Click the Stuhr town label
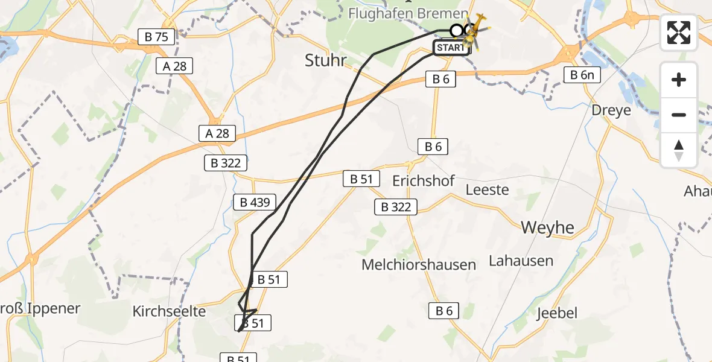click(326, 60)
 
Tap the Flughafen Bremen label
click(408, 13)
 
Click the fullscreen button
click(679, 33)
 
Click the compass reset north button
click(679, 150)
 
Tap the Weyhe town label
click(548, 227)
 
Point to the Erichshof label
click(423, 180)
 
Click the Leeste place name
click(488, 189)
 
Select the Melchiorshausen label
click(419, 264)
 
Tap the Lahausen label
click(521, 261)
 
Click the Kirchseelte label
click(169, 311)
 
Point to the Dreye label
click(611, 110)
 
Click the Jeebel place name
click(557, 313)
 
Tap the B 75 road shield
click(156, 37)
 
